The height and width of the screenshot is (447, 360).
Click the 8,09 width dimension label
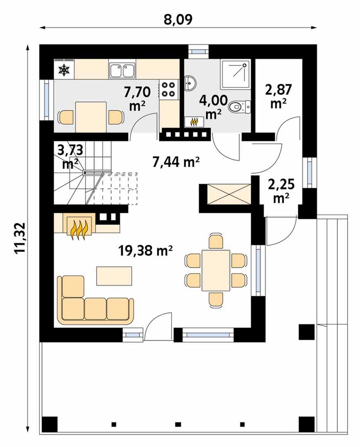click(178, 19)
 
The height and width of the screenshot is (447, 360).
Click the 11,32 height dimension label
click(20, 238)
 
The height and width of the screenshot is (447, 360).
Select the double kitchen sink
click(122, 70)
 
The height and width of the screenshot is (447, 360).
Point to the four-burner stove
click(168, 89)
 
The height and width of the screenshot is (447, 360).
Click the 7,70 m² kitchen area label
click(137, 99)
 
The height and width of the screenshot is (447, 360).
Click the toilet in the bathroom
click(240, 107)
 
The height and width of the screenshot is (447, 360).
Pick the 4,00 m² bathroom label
click(214, 107)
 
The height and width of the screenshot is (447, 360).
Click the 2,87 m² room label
click(278, 96)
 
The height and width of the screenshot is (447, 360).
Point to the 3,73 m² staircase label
click(70, 156)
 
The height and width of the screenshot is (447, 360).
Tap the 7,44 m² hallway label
click(175, 162)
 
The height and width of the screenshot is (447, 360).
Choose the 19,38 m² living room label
click(145, 250)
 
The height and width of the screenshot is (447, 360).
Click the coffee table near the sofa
click(114, 276)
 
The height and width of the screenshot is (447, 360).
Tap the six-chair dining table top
click(216, 270)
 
